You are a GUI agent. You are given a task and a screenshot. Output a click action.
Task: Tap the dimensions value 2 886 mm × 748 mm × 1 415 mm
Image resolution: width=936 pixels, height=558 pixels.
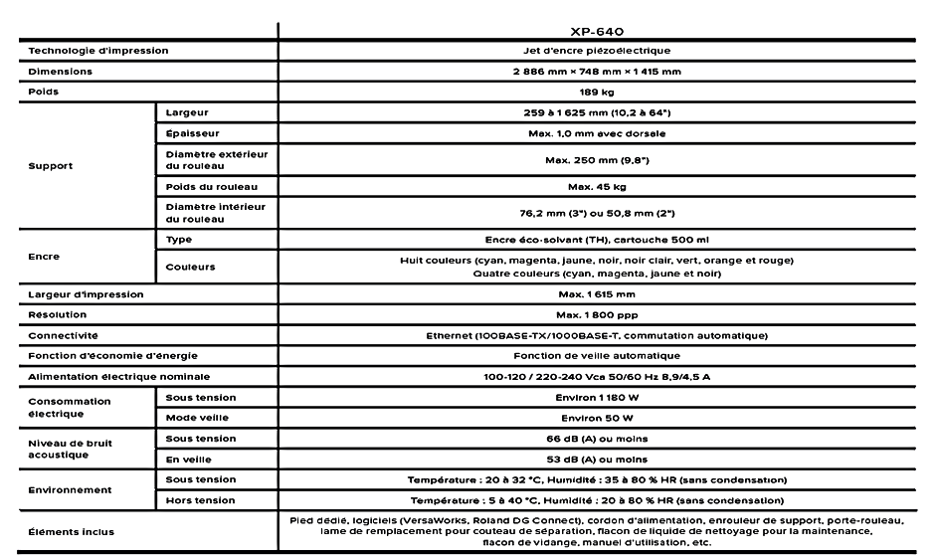(597, 72)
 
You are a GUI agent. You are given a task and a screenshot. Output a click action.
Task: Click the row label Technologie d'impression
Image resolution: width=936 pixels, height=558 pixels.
(98, 50)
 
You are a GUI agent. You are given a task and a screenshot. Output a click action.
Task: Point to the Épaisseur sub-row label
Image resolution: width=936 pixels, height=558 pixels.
(193, 133)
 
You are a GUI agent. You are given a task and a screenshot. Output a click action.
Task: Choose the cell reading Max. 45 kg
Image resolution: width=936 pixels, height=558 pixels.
(597, 186)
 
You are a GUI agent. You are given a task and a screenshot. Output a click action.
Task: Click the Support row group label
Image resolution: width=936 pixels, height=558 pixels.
(51, 166)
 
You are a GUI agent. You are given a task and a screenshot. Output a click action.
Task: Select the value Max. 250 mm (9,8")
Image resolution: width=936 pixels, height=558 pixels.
(597, 159)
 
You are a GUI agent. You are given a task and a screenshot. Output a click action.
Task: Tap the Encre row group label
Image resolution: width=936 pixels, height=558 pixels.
(44, 257)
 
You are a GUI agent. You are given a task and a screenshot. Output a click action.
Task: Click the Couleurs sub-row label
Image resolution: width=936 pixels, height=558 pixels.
(191, 267)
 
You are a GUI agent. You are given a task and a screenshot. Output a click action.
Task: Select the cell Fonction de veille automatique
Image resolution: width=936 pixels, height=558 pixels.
(597, 355)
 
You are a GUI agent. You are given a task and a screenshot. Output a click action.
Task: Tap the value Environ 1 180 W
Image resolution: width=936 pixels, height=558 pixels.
(597, 398)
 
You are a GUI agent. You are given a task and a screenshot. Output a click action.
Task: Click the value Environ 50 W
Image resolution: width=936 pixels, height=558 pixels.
(597, 418)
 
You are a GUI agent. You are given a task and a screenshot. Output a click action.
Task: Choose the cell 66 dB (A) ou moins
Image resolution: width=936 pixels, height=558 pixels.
(597, 439)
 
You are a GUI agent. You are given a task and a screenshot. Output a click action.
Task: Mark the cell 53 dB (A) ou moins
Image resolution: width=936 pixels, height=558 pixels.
(597, 459)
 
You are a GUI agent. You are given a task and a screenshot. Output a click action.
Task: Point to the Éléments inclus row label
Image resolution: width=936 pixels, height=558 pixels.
(71, 531)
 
